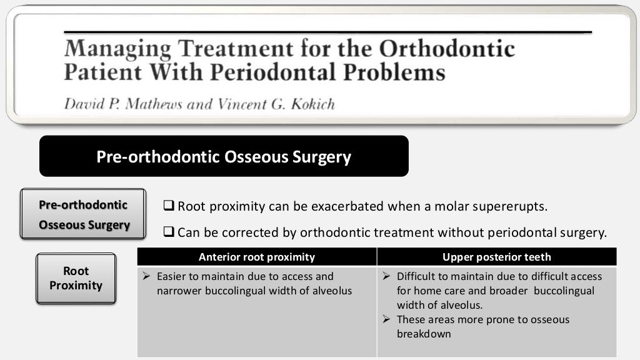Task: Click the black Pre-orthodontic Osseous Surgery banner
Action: [x=224, y=156]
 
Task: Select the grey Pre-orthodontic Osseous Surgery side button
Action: [x=83, y=214]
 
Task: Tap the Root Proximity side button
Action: [x=76, y=278]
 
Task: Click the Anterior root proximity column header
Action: [x=256, y=257]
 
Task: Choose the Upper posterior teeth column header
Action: [x=496, y=257]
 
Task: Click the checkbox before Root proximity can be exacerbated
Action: [x=169, y=206]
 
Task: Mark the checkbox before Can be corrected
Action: [x=169, y=232]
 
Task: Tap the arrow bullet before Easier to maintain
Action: [x=146, y=276]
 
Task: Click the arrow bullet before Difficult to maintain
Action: [x=386, y=276]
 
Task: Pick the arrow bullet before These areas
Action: [x=386, y=319]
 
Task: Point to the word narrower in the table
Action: [x=178, y=291]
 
